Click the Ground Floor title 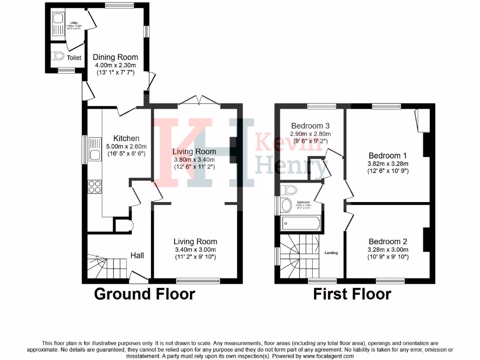(144, 294)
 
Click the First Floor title (352, 294)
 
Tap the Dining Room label (115, 57)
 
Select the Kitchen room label (126, 138)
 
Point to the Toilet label (74, 58)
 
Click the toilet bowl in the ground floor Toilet (58, 56)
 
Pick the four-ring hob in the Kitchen (95, 187)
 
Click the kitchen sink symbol (95, 149)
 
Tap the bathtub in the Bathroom (300, 224)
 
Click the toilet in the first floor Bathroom (289, 190)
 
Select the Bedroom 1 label (388, 156)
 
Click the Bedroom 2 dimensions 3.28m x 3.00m (388, 250)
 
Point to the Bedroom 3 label (310, 126)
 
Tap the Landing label (331, 253)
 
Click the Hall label (137, 255)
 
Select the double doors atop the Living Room (199, 100)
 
